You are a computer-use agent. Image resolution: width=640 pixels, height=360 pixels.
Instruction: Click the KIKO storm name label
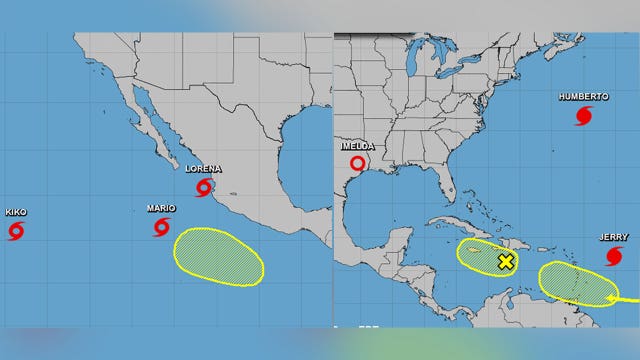[16, 212]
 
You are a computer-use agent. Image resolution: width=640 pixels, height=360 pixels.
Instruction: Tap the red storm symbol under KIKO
[16, 232]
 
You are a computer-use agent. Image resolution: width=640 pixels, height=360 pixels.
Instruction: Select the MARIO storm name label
[161, 208]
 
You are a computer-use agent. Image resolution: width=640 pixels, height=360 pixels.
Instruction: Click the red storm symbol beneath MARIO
[162, 227]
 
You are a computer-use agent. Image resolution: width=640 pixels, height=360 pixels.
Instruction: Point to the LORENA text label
[204, 168]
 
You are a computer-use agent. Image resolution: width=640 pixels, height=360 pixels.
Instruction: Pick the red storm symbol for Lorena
[205, 187]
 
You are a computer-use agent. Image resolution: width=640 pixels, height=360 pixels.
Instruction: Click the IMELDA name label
[357, 145]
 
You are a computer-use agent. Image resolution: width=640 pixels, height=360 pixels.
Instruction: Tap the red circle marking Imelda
[358, 163]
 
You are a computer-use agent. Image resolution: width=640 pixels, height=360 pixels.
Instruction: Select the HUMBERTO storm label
[584, 97]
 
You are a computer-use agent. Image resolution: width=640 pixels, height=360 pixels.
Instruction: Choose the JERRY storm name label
[614, 237]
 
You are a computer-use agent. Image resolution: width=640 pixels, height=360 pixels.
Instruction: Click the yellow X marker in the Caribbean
[506, 262]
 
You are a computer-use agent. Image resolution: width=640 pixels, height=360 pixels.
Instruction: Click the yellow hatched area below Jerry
[577, 283]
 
